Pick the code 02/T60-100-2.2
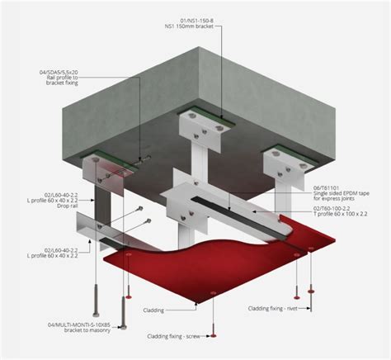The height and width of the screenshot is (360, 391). [x=339, y=209]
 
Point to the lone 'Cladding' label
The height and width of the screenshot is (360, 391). [x=176, y=311]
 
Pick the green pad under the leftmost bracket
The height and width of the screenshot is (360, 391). [x=105, y=156]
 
